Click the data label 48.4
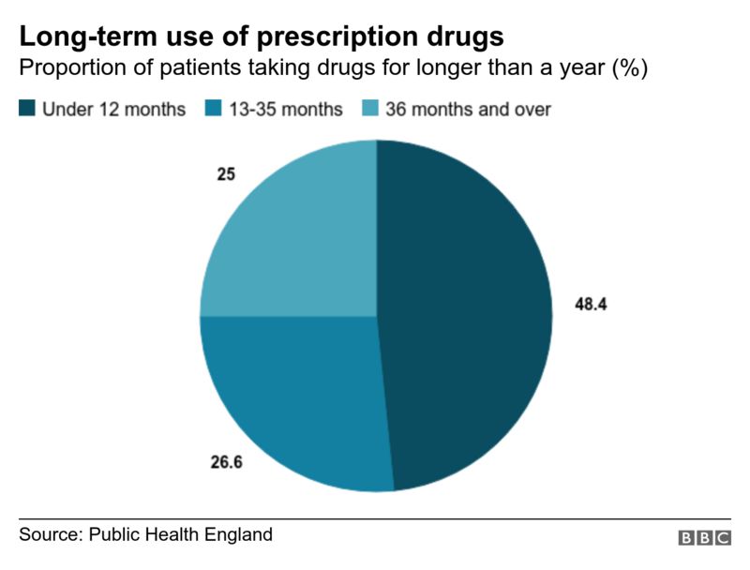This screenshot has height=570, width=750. point(591,305)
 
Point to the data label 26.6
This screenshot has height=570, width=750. point(226,461)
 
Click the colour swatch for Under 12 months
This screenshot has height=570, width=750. point(27,109)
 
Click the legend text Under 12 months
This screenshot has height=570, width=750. point(113,110)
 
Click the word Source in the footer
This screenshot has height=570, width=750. point(49,535)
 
